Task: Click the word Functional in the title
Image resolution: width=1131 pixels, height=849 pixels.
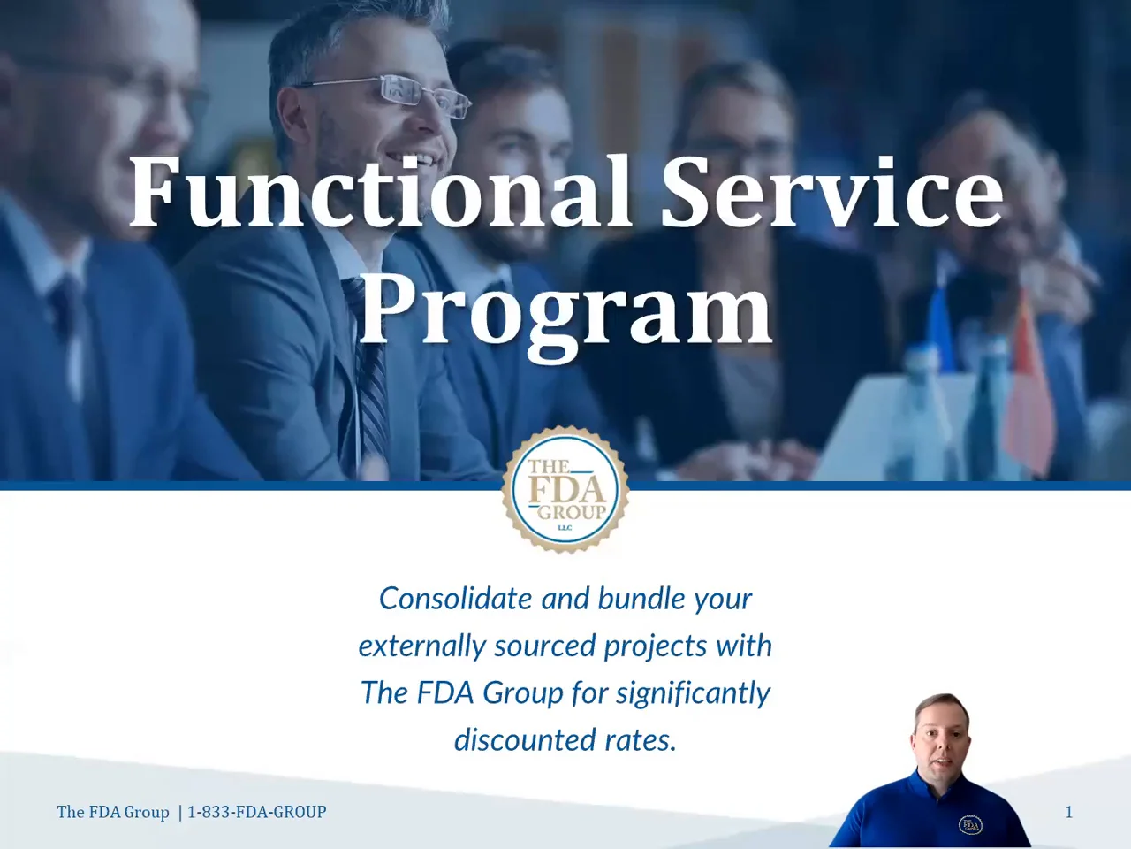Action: point(380,191)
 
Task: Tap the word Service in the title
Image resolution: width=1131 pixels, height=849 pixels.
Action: point(832,191)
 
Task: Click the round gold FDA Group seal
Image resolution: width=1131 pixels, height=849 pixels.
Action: point(565,489)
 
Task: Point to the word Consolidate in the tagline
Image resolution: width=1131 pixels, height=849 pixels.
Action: point(455,599)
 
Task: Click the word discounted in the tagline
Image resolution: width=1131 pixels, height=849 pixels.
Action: point(524,739)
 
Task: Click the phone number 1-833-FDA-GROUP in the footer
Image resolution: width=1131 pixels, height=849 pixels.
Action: point(256,812)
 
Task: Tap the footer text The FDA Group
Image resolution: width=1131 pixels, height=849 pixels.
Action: point(113,812)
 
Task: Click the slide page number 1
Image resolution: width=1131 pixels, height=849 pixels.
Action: point(1068,813)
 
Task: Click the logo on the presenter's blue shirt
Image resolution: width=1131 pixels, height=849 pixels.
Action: point(970,825)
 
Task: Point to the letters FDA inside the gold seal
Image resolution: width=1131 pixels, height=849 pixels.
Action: point(566,490)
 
